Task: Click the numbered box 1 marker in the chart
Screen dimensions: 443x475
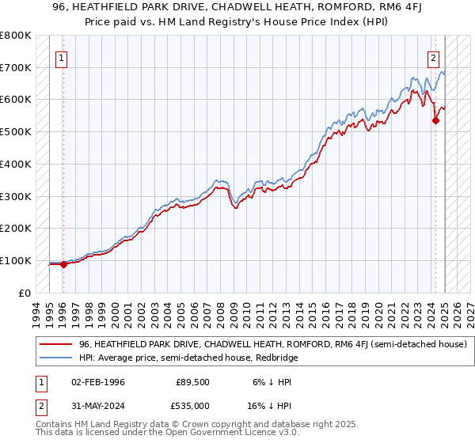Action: (x=62, y=57)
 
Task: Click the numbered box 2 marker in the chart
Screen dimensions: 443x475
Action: (x=434, y=57)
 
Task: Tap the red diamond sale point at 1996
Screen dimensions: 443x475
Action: (x=63, y=264)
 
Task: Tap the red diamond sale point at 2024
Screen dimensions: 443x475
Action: (x=435, y=120)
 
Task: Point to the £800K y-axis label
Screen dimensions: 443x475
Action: (x=16, y=36)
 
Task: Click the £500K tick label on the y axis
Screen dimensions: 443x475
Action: (x=16, y=132)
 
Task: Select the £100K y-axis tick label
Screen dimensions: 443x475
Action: (x=16, y=260)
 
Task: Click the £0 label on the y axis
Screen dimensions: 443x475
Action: (x=23, y=293)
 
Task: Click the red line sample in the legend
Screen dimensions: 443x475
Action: (x=55, y=344)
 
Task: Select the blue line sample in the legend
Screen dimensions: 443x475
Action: (x=55, y=358)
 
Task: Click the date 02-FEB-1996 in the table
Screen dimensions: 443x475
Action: (x=97, y=382)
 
